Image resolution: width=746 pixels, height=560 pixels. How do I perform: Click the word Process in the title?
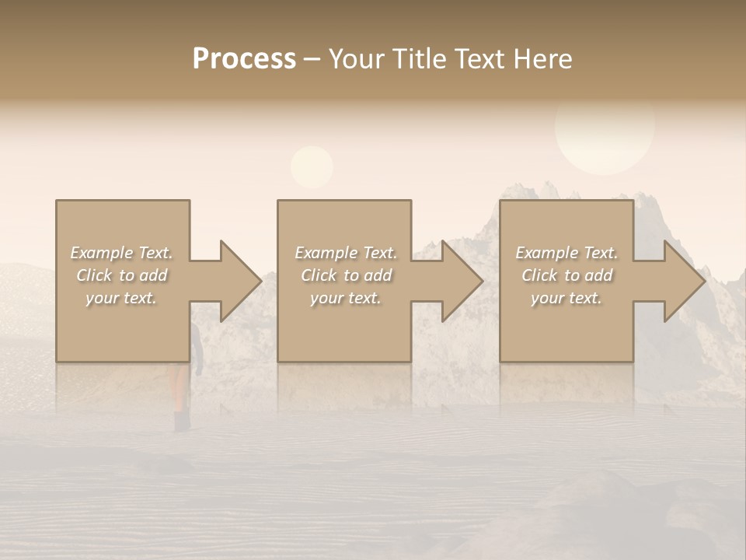point(244,59)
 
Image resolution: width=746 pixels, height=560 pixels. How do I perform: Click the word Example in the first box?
point(103,253)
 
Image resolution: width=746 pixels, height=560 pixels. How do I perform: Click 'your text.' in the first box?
point(121,298)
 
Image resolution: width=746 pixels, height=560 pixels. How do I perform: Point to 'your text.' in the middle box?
point(345,298)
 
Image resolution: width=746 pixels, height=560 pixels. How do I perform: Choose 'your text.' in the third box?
point(566,298)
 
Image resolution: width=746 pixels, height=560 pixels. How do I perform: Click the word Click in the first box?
point(93,275)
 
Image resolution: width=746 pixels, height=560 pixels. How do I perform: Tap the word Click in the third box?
point(539,275)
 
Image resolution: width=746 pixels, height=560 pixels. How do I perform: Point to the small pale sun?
point(312,166)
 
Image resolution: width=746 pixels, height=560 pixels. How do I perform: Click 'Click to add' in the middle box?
point(345,275)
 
